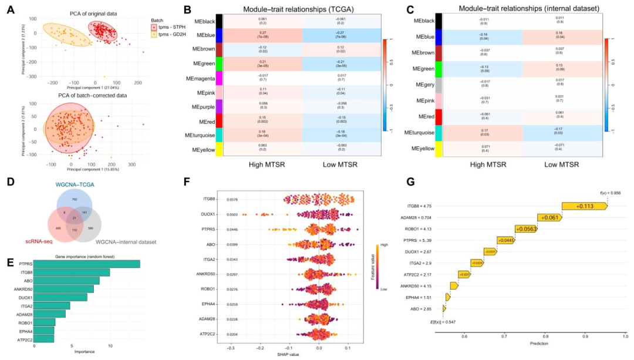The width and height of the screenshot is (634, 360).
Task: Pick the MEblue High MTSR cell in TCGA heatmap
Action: (x=262, y=52)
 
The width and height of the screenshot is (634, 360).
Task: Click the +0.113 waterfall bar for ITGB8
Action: (x=585, y=206)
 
